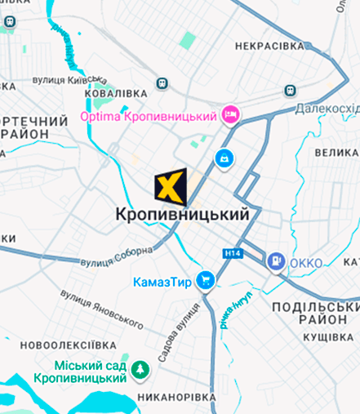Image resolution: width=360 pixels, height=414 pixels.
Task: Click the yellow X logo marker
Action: click(171, 187)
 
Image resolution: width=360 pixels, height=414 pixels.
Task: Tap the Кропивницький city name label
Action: click(181, 215)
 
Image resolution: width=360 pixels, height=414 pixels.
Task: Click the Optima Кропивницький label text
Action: click(151, 116)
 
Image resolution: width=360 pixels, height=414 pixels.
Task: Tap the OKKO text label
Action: click(305, 262)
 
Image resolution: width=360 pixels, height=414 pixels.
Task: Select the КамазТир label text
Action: click(162, 283)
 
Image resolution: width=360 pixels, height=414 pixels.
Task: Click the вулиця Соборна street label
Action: click(117, 258)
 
